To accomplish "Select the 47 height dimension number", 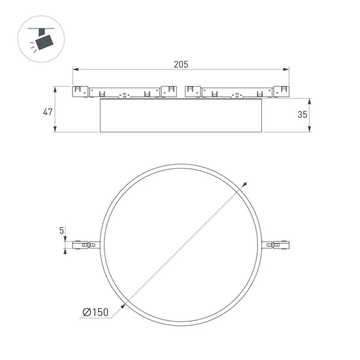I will [47, 112].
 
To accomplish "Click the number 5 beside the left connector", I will [62, 230].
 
